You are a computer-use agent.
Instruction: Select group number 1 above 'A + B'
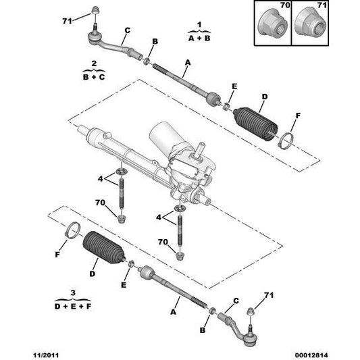tap(199, 25)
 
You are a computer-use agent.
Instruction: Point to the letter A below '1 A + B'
tap(186, 61)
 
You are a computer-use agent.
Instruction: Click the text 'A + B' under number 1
tap(199, 38)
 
